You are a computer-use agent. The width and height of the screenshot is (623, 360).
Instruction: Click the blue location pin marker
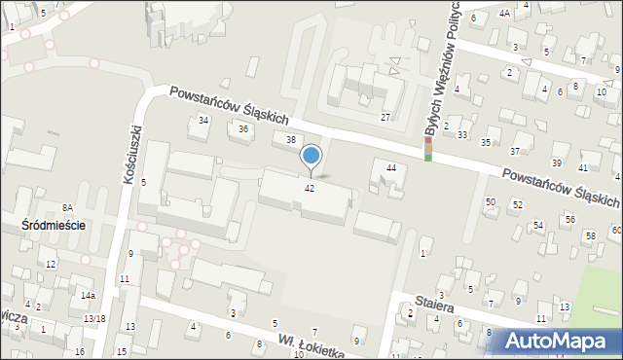coord(311,157)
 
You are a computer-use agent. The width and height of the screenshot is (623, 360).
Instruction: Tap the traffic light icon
coord(427,149)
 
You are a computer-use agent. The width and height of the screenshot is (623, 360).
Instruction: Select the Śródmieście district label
coord(54,225)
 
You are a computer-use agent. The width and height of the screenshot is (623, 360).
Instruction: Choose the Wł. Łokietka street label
coord(311,345)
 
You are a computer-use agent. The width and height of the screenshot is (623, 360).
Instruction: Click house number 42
coord(310,188)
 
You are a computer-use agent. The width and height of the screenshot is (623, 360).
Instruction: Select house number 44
coord(391,168)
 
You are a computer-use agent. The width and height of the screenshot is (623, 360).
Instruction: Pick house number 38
coord(290,140)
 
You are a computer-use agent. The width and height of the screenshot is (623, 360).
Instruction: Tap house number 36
coord(244,129)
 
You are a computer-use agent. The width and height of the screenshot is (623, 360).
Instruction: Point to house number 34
coord(203,120)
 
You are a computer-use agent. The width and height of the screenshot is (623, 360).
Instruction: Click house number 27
coord(385,118)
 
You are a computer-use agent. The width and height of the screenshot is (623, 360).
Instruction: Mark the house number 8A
coord(67,207)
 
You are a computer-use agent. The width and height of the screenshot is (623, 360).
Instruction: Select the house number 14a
coord(88,295)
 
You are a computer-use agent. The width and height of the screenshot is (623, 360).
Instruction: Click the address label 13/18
coord(94,318)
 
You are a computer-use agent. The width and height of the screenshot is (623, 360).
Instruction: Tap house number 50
coord(491,201)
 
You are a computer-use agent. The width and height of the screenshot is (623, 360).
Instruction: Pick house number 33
coord(462,134)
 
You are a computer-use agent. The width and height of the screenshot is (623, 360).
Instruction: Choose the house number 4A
coord(504,13)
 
